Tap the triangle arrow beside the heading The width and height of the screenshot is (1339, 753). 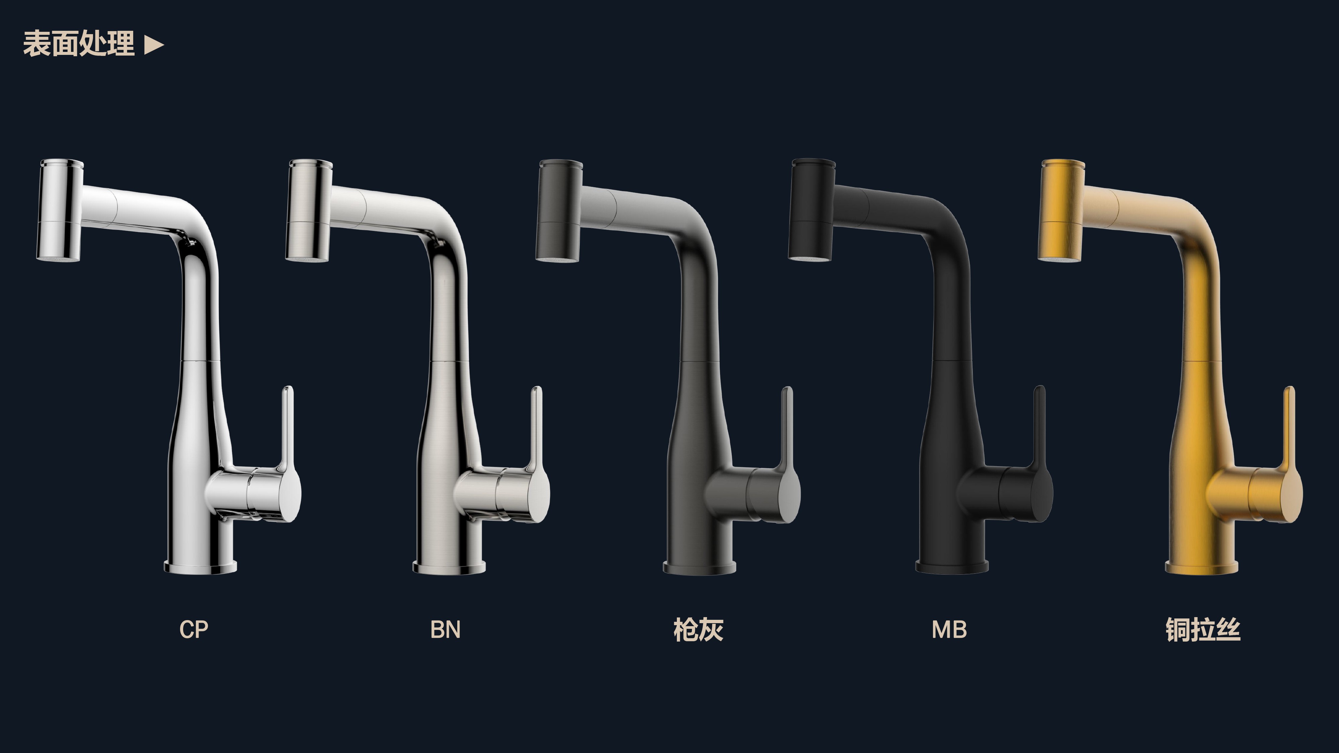coord(154,45)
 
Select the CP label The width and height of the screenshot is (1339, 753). coord(194,629)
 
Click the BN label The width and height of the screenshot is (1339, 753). coord(446,629)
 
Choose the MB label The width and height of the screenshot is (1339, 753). coord(949,629)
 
